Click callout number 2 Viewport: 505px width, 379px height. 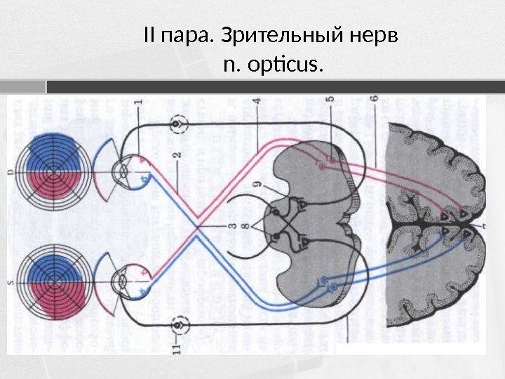[178, 154]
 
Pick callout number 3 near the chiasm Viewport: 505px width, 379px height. [230, 225]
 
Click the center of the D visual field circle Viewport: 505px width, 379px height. [53, 171]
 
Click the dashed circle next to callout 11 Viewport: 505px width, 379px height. [182, 324]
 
